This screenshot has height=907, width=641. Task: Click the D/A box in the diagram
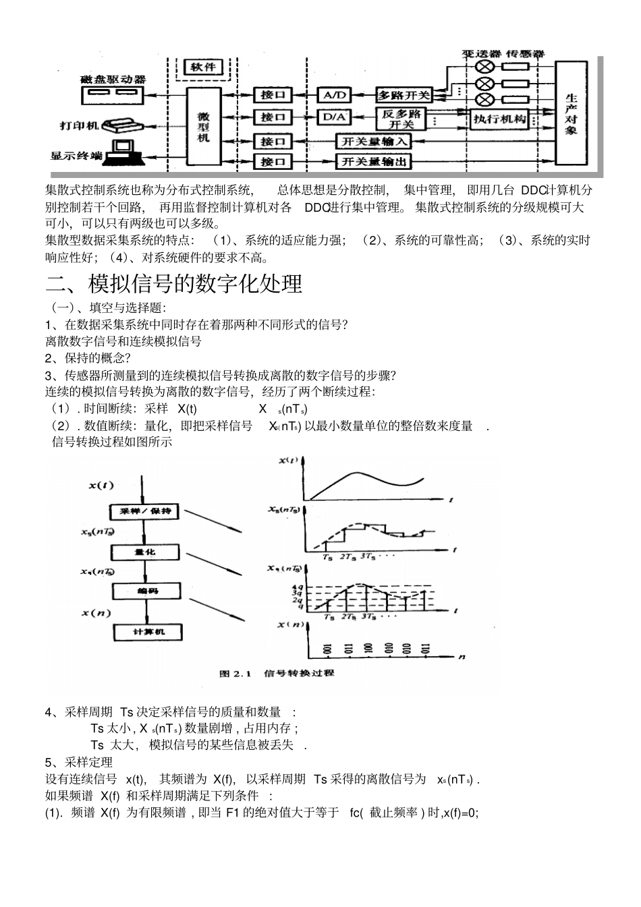coord(333,117)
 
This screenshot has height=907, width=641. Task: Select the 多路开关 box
coord(403,95)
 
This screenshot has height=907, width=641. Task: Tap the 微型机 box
coord(204,125)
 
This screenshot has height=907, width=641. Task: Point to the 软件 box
coord(202,67)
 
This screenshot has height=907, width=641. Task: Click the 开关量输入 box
coord(374,142)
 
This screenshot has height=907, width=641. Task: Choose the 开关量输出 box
coord(374,162)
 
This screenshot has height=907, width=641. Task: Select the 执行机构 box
coord(499,119)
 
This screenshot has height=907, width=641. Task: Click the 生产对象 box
coord(571,112)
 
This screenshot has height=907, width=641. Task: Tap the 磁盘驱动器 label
coord(112,79)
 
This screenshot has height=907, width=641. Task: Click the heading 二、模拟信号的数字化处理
coord(173,284)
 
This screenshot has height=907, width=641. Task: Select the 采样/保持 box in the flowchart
coord(145,510)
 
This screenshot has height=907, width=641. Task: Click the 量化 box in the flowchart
coord(145,552)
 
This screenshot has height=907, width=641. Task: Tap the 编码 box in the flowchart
coord(146,591)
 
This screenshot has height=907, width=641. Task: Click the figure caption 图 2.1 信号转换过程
coord(277,673)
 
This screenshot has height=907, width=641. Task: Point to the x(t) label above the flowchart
coord(101,485)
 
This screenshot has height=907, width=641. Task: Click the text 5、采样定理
coord(74,762)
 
